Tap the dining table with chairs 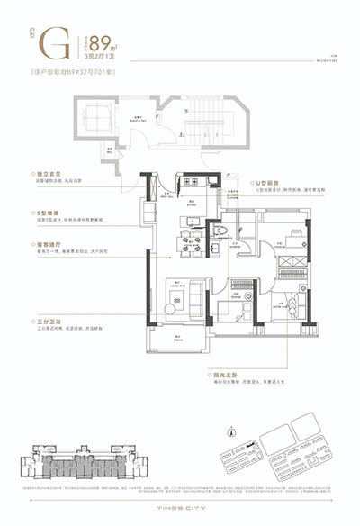(x=190, y=240)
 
